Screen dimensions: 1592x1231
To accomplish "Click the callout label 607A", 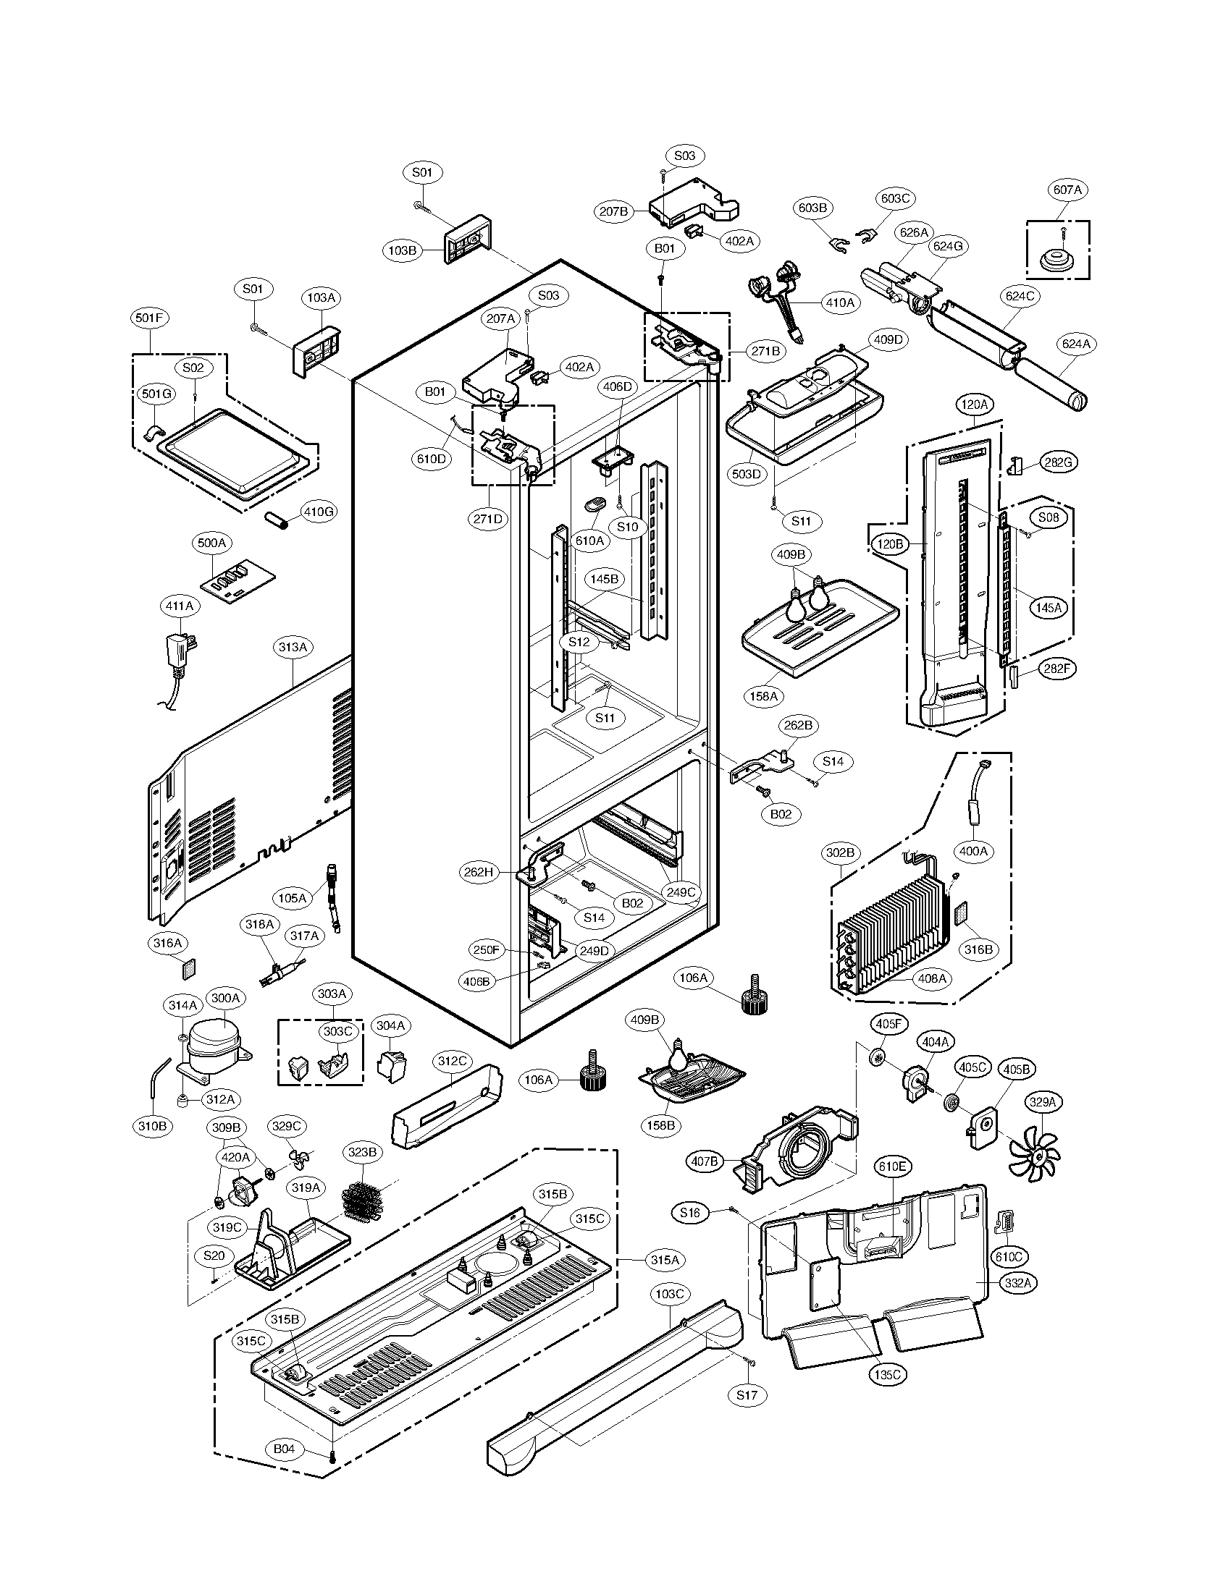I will (x=1067, y=190).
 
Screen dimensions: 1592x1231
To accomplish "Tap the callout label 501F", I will (x=150, y=317).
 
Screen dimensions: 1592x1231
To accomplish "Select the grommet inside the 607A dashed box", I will (x=1055, y=261).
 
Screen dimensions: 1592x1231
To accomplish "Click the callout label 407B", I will (x=704, y=1161).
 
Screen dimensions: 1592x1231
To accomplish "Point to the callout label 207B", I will (x=613, y=211).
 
